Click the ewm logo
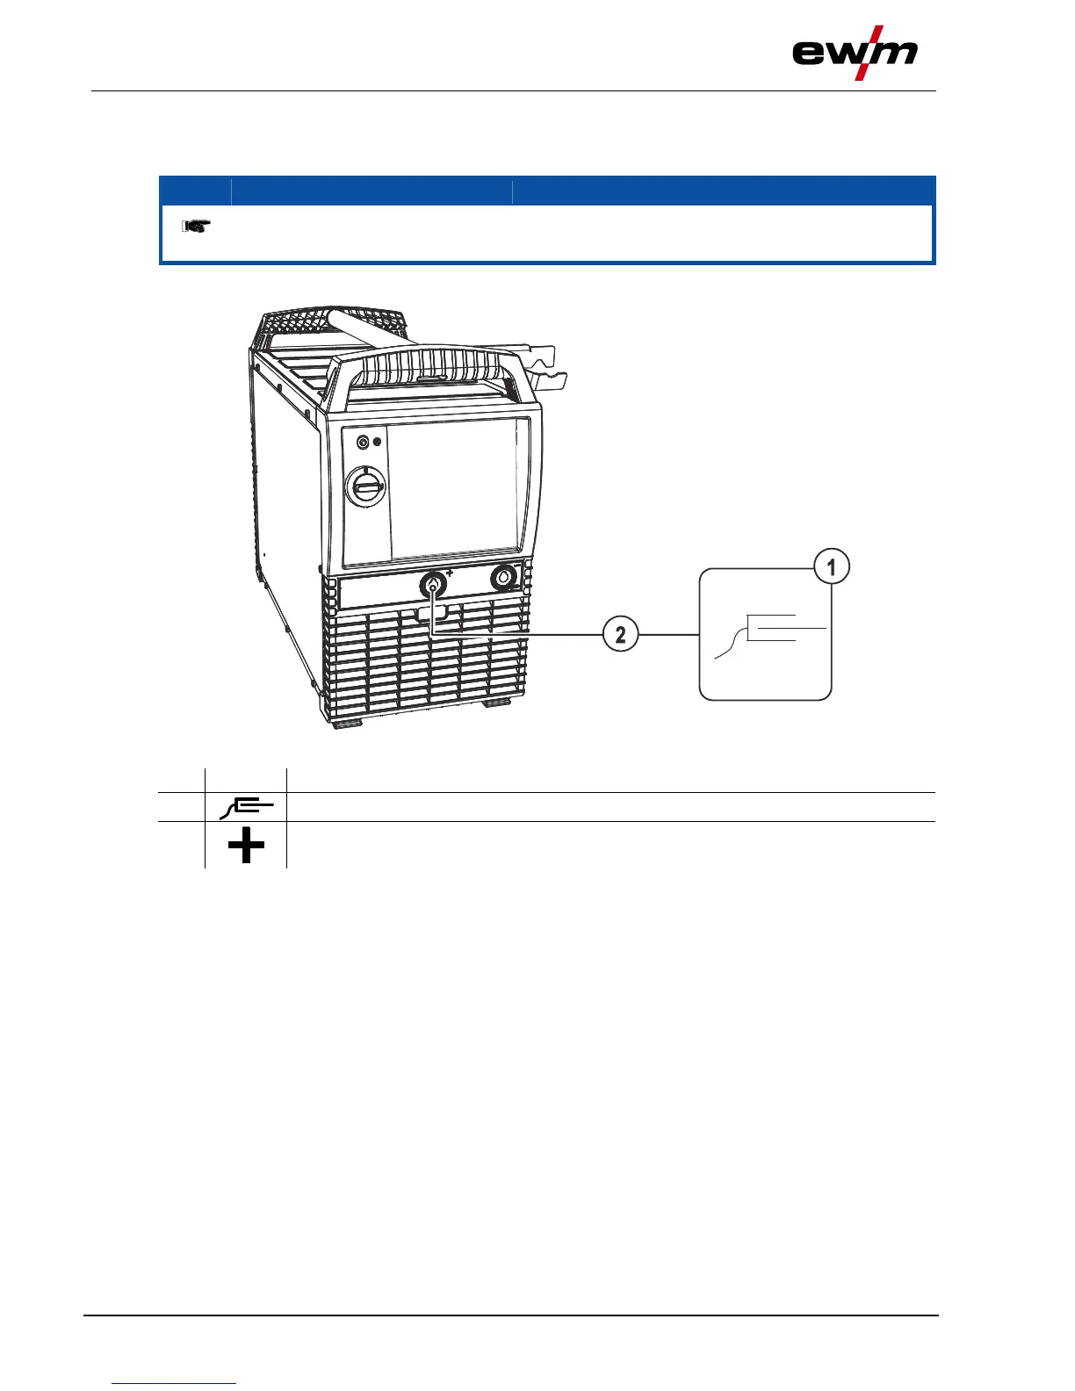click(x=855, y=54)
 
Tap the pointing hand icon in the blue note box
click(x=195, y=227)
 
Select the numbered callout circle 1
click(x=831, y=566)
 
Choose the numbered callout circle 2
click(x=620, y=634)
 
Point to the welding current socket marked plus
click(x=433, y=585)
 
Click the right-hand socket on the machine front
click(x=504, y=577)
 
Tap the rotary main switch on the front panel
click(x=364, y=484)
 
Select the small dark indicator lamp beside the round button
click(x=378, y=442)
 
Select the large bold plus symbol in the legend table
click(x=246, y=847)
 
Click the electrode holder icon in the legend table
click(x=246, y=805)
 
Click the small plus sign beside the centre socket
click(x=451, y=573)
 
